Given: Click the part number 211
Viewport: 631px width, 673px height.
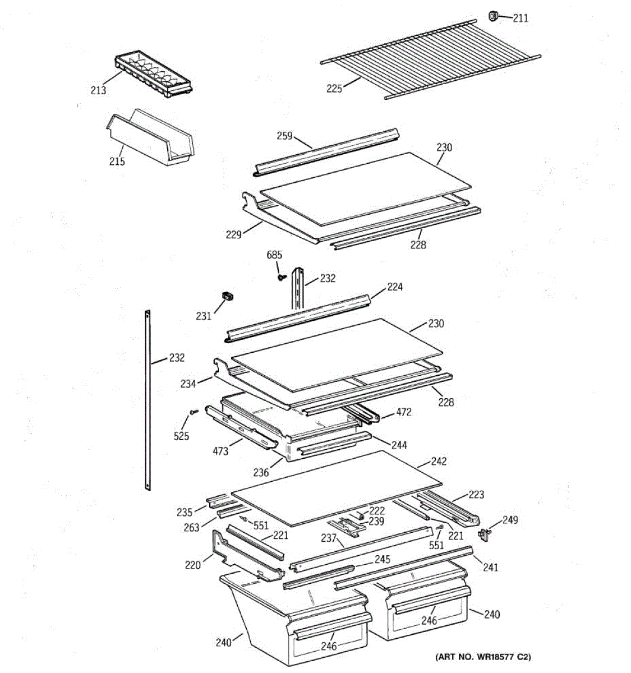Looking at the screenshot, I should pyautogui.click(x=520, y=19).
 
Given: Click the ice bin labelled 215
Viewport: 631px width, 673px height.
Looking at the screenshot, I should pyautogui.click(x=151, y=139).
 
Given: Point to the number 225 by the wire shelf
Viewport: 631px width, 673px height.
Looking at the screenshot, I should pyautogui.click(x=334, y=88).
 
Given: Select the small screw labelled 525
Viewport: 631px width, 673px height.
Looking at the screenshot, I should pyautogui.click(x=194, y=412).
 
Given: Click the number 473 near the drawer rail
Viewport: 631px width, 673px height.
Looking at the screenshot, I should pyautogui.click(x=220, y=450).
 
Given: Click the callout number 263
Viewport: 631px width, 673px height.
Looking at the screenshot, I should pyautogui.click(x=192, y=527).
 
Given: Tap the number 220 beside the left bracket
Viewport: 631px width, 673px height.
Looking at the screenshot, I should pyautogui.click(x=192, y=565).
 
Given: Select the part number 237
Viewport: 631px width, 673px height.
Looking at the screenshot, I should pyautogui.click(x=328, y=538).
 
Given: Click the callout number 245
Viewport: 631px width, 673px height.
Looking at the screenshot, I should pyautogui.click(x=383, y=560).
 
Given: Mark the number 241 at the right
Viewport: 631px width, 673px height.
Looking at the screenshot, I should pyautogui.click(x=490, y=568).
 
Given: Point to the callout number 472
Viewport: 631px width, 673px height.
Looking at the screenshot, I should pyautogui.click(x=403, y=412).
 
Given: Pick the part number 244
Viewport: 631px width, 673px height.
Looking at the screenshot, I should pyautogui.click(x=399, y=445).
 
